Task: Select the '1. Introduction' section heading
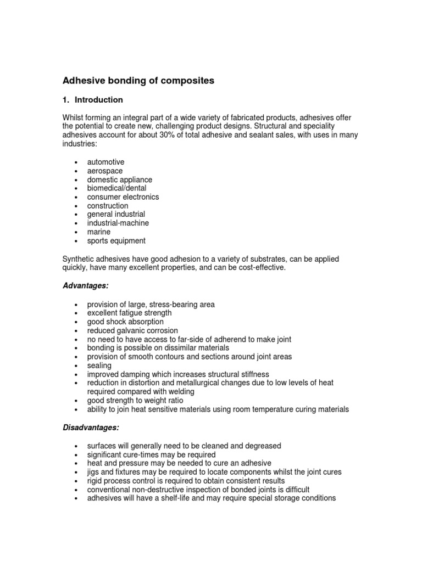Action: point(92,100)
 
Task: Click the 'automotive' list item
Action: point(105,162)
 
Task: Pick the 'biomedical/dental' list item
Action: point(116,188)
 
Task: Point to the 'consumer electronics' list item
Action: point(123,197)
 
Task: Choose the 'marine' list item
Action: point(98,232)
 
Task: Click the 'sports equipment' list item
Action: point(116,241)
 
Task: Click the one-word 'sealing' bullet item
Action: point(99,366)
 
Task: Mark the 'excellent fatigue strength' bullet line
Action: point(129,313)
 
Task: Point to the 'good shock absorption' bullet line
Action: point(125,322)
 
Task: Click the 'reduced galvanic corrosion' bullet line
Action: point(132,330)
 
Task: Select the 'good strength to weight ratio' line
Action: point(135,401)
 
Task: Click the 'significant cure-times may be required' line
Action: point(151,454)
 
